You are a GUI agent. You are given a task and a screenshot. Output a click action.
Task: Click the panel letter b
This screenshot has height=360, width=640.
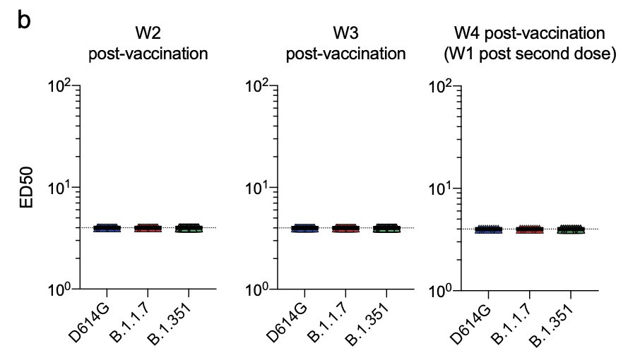[24, 21]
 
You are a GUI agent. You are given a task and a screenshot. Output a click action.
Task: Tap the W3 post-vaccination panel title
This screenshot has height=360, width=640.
[345, 44]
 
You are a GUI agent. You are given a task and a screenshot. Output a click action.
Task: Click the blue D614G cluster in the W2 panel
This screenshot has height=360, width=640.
[107, 228]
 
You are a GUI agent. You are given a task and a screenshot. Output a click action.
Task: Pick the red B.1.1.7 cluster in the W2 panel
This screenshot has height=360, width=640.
[148, 228]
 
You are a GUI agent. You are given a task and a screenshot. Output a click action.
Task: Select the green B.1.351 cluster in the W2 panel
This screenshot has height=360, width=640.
[188, 228]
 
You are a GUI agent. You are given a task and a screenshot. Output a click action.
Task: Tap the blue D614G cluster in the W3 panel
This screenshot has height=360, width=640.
[305, 228]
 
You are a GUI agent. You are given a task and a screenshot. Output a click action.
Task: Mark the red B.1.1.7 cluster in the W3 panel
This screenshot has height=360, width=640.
[345, 228]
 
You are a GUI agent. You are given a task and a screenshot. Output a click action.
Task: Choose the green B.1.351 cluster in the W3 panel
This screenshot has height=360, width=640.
[386, 228]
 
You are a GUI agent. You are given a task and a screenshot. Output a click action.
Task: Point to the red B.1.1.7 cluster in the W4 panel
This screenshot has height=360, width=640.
[529, 229]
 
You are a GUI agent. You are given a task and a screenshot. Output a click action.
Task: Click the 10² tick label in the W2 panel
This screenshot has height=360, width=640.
[61, 88]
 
